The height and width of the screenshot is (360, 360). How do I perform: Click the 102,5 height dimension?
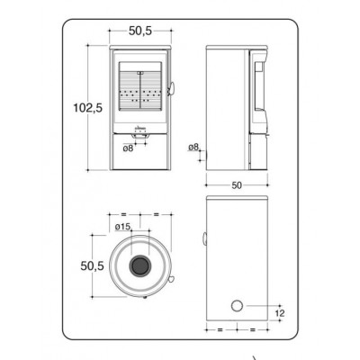pos(88,108)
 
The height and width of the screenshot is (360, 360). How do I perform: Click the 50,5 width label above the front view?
pos(140,31)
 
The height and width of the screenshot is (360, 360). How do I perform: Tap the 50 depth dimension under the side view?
pos(237,185)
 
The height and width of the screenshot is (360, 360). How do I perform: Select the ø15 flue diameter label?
pos(123,227)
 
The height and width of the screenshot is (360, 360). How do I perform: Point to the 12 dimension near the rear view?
pos(279,313)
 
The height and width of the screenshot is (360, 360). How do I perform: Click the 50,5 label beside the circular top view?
pos(92,265)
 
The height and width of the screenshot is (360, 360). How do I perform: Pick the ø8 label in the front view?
pos(128,148)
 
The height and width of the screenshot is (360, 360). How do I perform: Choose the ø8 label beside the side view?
pos(193,147)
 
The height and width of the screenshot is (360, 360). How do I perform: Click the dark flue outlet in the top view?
pos(139,265)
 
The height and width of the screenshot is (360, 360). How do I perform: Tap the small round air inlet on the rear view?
pos(237,306)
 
